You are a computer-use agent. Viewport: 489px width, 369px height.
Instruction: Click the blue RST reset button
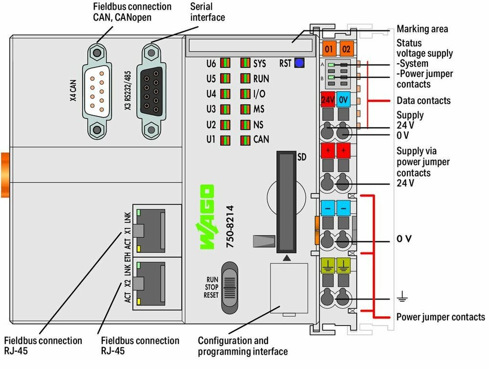click(299, 63)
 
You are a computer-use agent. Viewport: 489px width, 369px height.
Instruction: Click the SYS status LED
click(245, 63)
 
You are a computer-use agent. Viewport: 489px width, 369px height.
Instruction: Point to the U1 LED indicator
click(225, 140)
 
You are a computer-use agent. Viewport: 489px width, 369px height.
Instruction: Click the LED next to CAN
click(245, 140)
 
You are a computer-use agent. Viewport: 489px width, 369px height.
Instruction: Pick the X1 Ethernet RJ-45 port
click(150, 231)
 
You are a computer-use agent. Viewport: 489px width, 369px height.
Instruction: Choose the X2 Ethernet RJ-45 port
click(150, 284)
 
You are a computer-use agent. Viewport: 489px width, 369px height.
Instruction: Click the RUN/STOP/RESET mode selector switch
click(230, 288)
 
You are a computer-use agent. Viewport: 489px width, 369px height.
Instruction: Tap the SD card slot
click(286, 202)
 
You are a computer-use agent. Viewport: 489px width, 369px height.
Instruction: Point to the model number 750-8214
click(230, 226)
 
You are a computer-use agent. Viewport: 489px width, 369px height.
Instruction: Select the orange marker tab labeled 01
click(329, 49)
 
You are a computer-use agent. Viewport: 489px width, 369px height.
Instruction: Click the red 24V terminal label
click(328, 99)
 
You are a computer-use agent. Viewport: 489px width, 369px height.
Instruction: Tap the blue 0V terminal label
click(343, 99)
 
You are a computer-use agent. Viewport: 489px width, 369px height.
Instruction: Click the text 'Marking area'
click(422, 29)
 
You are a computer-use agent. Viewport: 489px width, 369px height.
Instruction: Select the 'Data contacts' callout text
click(423, 100)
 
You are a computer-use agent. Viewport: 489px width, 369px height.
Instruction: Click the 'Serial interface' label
click(207, 12)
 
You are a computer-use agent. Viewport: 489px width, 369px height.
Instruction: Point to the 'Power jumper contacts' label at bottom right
click(441, 317)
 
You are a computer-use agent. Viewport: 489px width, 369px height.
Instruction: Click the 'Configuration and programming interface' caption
click(243, 346)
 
